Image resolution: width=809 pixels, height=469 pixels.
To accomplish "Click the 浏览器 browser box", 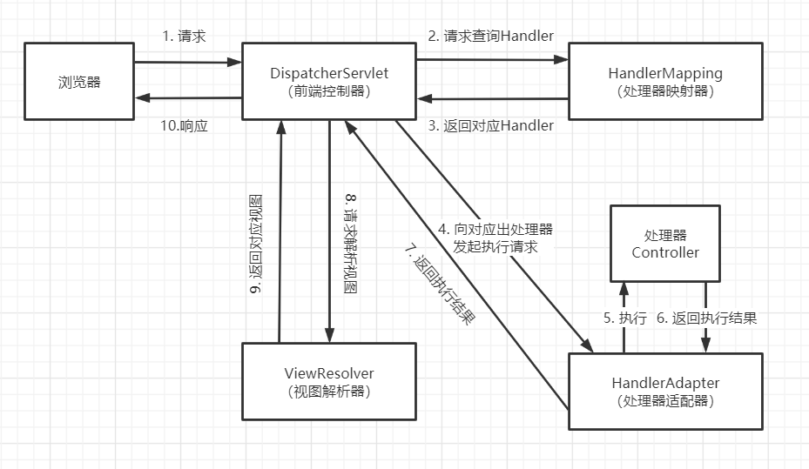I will pyautogui.click(x=78, y=82).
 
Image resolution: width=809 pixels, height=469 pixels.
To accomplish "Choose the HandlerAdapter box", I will pyautogui.click(x=667, y=391).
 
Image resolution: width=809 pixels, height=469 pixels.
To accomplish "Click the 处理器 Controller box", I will pyautogui.click(x=665, y=244).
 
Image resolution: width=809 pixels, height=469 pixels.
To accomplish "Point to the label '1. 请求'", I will pyautogui.click(x=184, y=37).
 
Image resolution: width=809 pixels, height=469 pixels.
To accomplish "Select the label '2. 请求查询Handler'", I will pyautogui.click(x=491, y=36).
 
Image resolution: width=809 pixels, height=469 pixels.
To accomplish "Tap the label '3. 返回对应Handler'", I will pyautogui.click(x=491, y=125).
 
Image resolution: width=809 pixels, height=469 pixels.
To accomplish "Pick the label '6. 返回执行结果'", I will pyautogui.click(x=707, y=318).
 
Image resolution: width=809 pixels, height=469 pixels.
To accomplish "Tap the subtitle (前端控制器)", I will pyautogui.click(x=328, y=90).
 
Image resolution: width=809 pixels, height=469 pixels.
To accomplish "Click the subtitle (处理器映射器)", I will pyautogui.click(x=667, y=90).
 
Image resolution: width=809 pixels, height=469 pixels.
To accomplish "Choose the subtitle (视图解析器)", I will pyautogui.click(x=328, y=392).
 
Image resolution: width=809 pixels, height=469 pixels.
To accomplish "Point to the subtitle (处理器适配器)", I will pyautogui.click(x=667, y=400).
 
